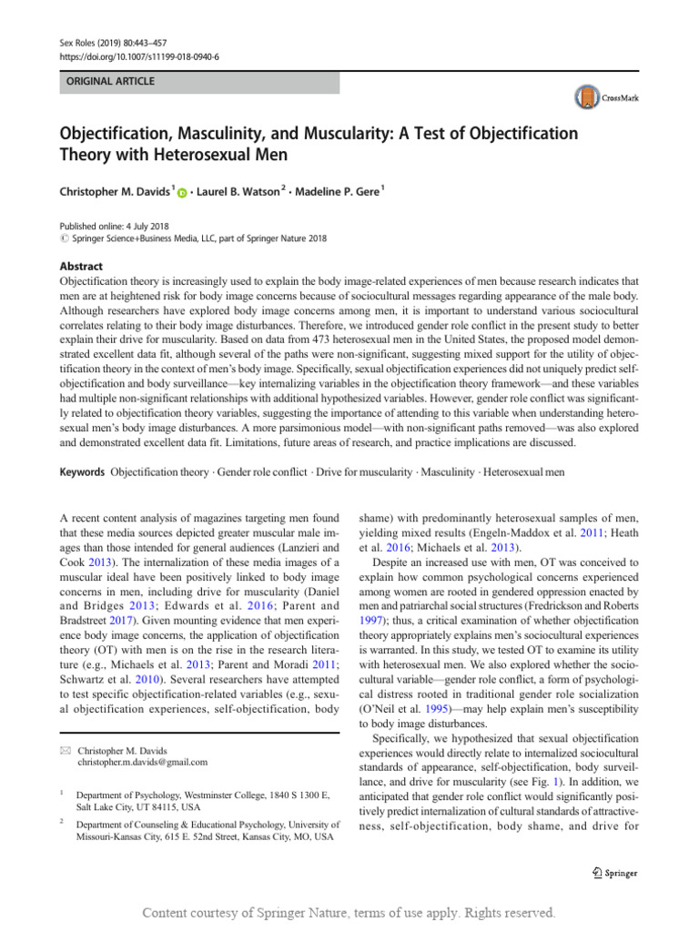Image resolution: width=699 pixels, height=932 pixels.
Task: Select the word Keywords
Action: click(80, 472)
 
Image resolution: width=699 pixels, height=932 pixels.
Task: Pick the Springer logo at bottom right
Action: click(615, 873)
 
